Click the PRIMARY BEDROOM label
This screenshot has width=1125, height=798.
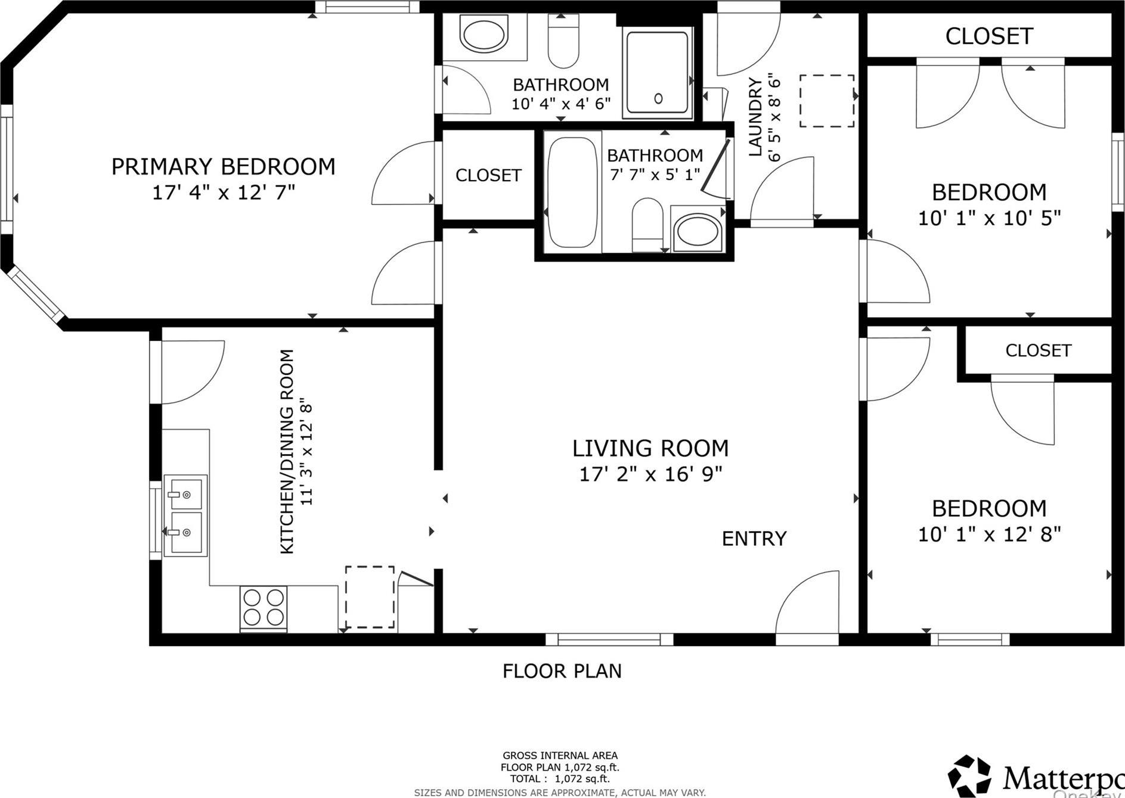(x=223, y=166)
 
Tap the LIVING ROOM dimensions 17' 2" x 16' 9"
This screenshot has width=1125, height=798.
(x=650, y=474)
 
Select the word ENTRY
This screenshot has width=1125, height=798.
(x=754, y=539)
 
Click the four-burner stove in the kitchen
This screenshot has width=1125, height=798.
(x=264, y=607)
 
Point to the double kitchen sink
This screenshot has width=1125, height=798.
(x=185, y=515)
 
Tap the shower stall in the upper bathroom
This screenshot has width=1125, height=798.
(x=658, y=73)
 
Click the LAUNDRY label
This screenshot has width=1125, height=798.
(x=755, y=117)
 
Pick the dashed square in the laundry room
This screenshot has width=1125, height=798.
(x=826, y=101)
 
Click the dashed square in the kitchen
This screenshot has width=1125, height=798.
(x=370, y=597)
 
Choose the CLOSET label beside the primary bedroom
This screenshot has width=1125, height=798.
(x=488, y=175)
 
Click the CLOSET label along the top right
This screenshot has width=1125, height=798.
(x=988, y=36)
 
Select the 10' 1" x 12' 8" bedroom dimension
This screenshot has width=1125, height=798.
(x=988, y=535)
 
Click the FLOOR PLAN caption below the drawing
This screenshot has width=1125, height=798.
(x=562, y=671)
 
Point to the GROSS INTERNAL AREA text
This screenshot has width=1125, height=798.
(x=560, y=755)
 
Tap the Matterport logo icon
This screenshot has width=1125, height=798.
(x=969, y=775)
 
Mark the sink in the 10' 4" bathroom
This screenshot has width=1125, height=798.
(x=485, y=36)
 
